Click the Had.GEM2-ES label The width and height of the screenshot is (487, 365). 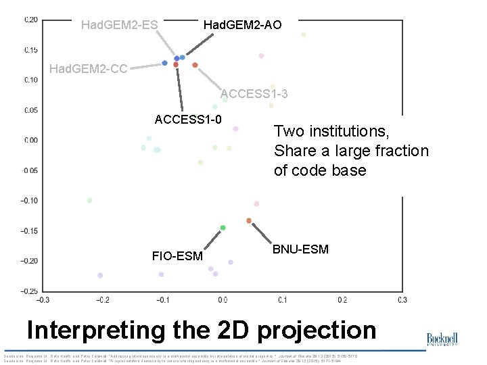(119, 26)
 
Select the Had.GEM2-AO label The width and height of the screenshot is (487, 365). (243, 25)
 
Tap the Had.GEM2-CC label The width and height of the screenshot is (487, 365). (89, 68)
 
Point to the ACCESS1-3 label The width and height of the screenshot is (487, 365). (254, 94)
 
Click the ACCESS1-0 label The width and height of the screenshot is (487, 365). (188, 120)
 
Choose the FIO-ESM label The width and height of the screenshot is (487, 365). (177, 256)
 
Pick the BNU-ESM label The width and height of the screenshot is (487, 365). (300, 249)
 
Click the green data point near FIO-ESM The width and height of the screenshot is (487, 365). (223, 228)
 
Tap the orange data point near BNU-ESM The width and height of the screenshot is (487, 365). (249, 220)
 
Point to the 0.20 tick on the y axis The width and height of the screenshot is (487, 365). (31, 20)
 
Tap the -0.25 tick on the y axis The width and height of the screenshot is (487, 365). (29, 291)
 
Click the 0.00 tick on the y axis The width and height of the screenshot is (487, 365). (31, 140)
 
